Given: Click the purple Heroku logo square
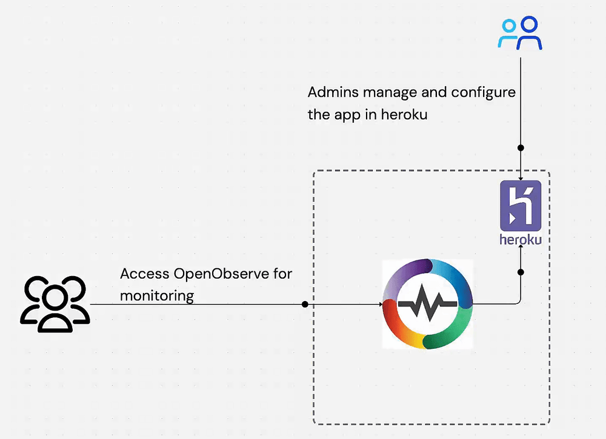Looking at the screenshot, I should click(521, 206).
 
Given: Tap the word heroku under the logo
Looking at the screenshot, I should click(521, 239).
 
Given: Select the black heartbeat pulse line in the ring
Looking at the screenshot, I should click(428, 304).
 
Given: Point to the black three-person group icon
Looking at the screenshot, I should click(55, 303).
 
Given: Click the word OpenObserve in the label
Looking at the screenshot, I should click(221, 274).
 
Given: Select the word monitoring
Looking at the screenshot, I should click(157, 295).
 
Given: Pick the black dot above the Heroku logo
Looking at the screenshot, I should click(521, 148).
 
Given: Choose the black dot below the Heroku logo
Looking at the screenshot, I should click(521, 272).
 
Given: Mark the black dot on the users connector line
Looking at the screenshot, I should click(305, 304).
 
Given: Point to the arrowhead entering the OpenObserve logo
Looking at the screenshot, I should click(380, 304).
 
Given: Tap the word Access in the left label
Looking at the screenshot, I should click(144, 274).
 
